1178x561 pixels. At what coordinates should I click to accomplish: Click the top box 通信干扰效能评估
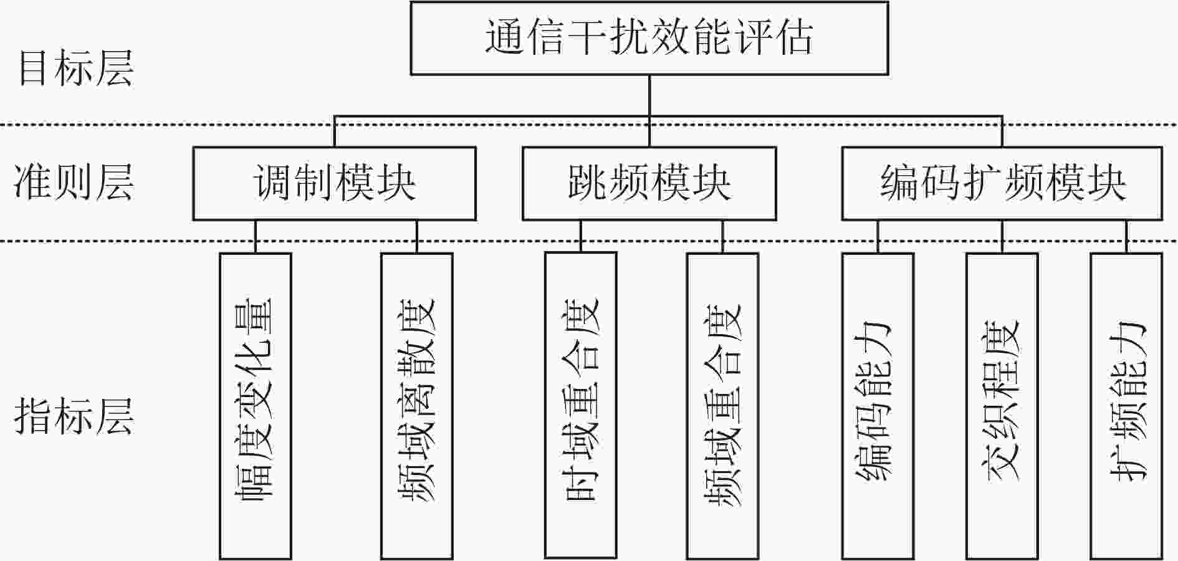pos(649,38)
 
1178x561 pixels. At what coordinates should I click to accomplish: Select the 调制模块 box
pos(334,183)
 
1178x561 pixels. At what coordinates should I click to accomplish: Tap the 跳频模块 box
pos(649,183)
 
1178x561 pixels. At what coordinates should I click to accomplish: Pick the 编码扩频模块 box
pos(1002,183)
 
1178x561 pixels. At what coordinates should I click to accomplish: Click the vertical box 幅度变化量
pos(256,406)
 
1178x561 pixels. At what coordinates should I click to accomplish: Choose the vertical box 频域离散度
pos(417,406)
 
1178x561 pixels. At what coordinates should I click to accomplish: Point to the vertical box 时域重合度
pos(581,406)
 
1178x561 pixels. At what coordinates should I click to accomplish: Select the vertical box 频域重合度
pos(723,406)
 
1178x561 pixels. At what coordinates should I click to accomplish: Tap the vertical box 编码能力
pos(878,406)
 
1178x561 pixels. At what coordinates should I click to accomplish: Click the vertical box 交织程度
pos(1002,406)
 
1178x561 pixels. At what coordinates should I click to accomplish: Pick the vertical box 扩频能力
pos(1126,406)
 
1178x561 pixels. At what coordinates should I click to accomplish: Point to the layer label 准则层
pos(74,183)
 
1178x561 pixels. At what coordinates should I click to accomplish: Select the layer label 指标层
pos(74,416)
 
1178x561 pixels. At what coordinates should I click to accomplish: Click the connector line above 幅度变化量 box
pos(256,237)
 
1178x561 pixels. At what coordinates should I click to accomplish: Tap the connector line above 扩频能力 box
pos(1126,237)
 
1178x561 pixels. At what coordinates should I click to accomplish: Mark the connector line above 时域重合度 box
pos(581,237)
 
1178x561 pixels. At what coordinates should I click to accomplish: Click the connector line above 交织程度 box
pos(1002,237)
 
